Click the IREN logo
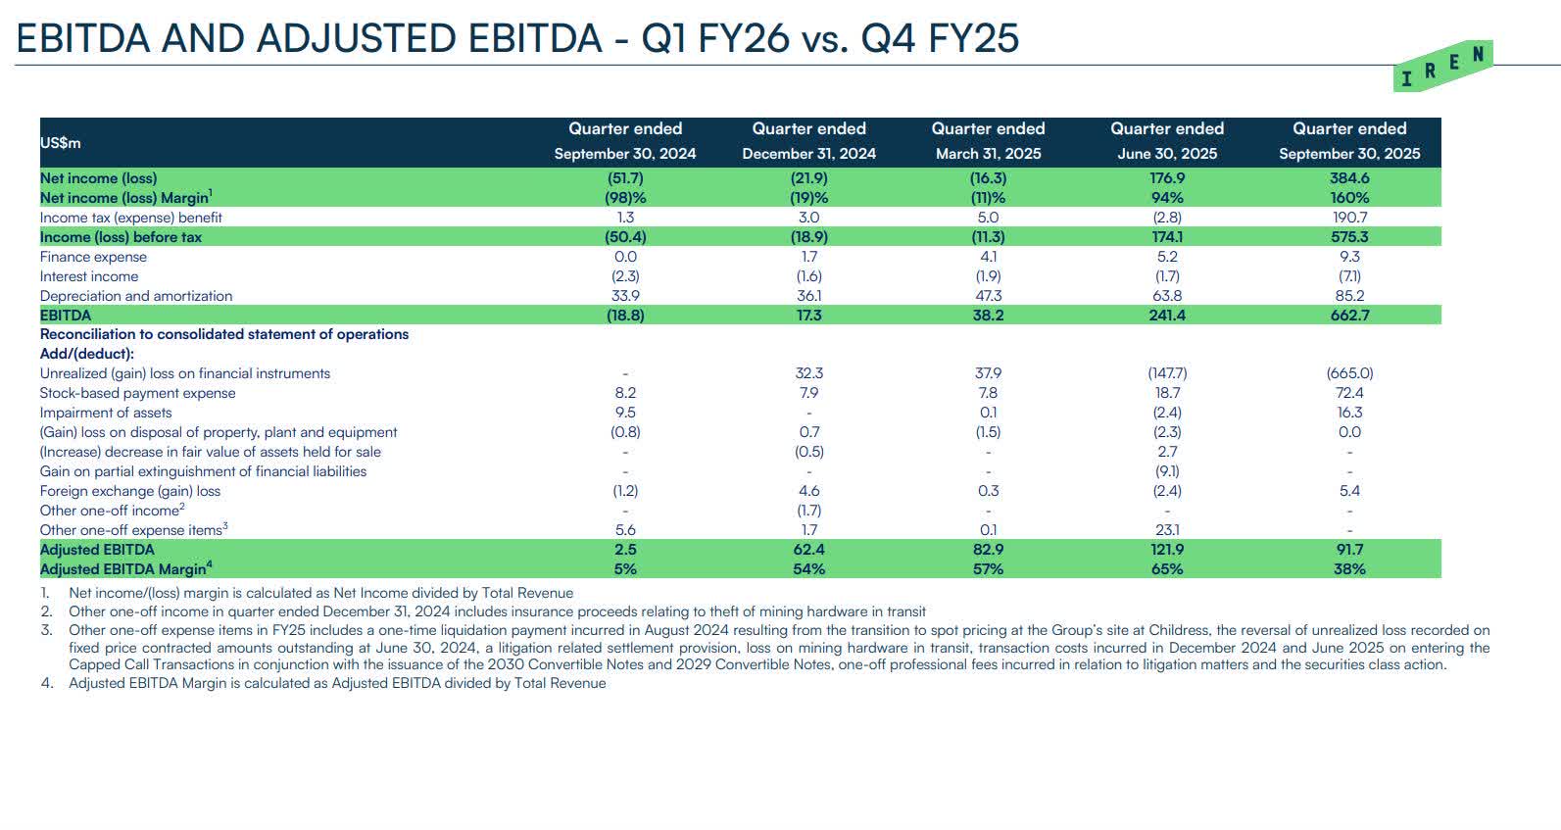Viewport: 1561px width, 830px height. click(1443, 67)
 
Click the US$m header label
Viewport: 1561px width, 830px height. click(60, 143)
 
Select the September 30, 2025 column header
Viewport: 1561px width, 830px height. click(1348, 141)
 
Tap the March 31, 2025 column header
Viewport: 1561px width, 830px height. click(988, 141)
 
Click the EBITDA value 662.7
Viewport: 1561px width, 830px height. click(1349, 316)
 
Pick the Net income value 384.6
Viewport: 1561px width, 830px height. click(1349, 178)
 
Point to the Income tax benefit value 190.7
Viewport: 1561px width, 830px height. click(1349, 218)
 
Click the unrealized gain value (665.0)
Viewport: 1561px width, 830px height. click(1349, 373)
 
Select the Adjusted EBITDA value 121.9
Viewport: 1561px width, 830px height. click(1166, 550)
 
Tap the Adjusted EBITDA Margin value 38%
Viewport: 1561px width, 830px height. click(1349, 569)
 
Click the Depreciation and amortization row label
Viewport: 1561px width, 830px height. click(136, 296)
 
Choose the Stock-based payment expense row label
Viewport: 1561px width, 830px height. click(137, 393)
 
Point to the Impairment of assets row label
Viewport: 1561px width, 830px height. click(106, 413)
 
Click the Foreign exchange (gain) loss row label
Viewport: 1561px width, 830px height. click(130, 491)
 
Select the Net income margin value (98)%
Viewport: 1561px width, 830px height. click(625, 198)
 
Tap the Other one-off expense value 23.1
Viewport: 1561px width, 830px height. click(1166, 530)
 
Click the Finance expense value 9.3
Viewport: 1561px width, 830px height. click(1349, 257)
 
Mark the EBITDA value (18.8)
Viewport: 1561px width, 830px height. click(625, 316)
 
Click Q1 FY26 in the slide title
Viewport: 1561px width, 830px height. click(714, 38)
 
